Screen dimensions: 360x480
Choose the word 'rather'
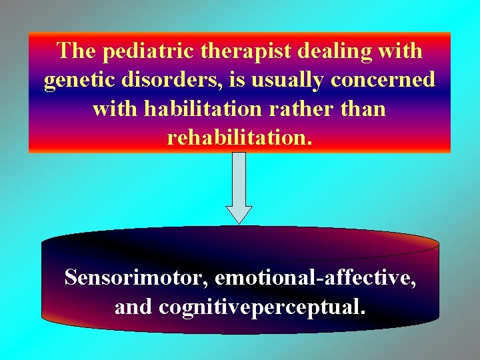point(306,109)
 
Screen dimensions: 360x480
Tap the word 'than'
point(363,109)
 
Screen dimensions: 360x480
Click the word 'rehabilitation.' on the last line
point(239,137)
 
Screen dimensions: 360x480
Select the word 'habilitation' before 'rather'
point(206,109)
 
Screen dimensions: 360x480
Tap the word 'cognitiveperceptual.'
point(261,307)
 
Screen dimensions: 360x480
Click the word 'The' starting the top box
point(77,51)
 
